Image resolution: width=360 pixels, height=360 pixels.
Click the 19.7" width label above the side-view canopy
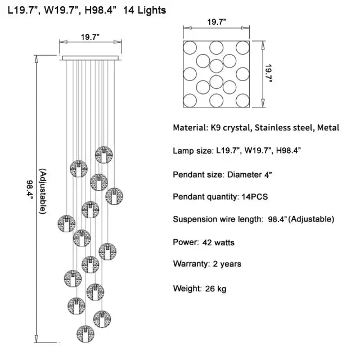[90, 37]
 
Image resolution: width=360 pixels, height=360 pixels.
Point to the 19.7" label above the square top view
[217, 22]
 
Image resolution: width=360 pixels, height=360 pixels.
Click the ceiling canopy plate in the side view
[91, 57]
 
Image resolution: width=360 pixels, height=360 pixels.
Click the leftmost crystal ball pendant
[66, 223]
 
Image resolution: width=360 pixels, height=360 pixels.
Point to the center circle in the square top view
[217, 66]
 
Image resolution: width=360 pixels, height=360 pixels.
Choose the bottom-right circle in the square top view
[243, 101]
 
